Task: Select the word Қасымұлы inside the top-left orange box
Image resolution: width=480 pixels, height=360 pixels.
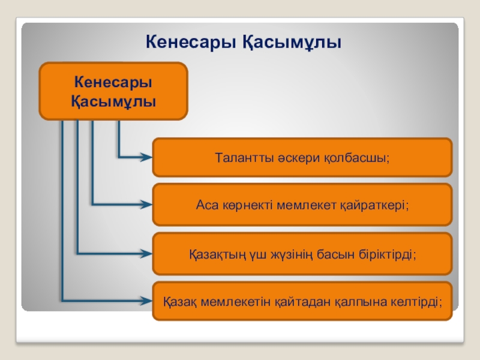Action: tap(113, 100)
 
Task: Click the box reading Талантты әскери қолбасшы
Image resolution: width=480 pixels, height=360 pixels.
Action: tap(302, 157)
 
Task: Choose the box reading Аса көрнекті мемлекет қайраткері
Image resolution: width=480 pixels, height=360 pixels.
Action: tap(302, 205)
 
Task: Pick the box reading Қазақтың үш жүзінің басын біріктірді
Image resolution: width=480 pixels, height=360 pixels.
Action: tap(302, 254)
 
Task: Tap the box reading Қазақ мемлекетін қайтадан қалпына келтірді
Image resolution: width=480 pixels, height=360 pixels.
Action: tap(302, 301)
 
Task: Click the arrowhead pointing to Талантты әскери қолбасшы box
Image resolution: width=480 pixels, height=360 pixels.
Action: tap(145, 157)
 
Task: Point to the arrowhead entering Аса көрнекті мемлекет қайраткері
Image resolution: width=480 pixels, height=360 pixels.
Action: tap(145, 205)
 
